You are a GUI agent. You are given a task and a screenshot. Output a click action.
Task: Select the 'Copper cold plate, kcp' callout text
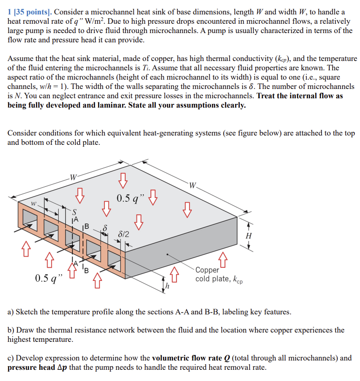point(218,274)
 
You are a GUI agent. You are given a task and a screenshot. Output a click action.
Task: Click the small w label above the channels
point(33,204)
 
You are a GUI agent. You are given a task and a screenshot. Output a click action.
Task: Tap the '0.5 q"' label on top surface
point(129,198)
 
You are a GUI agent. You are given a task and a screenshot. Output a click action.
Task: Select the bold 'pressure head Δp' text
point(37,367)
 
